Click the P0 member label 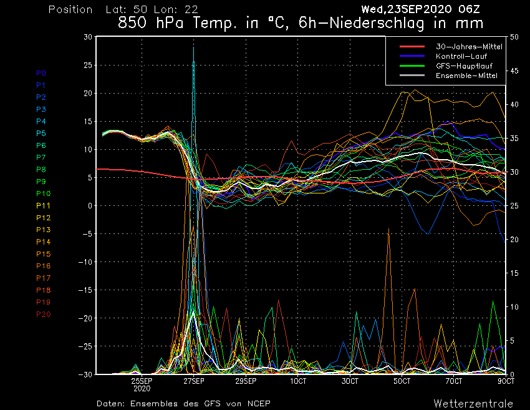[x=41, y=73]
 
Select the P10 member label [x=43, y=193]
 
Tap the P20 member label [x=43, y=314]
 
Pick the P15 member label [x=43, y=254]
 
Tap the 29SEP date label [x=246, y=381]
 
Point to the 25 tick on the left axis [x=87, y=65]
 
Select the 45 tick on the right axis [x=514, y=71]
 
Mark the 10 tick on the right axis [x=514, y=307]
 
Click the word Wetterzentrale [x=473, y=403]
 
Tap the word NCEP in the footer [x=258, y=403]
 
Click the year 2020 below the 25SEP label [x=142, y=388]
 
